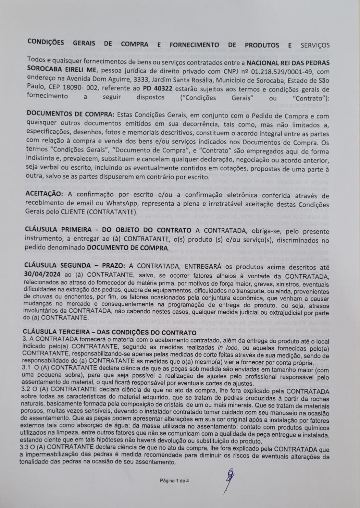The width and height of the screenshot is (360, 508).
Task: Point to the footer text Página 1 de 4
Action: pyautogui.click(x=175, y=481)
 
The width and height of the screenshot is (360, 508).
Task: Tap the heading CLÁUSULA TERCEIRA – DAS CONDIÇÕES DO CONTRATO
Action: pyautogui.click(x=110, y=332)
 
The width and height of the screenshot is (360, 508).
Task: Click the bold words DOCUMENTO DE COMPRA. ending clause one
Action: pyautogui.click(x=127, y=247)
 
